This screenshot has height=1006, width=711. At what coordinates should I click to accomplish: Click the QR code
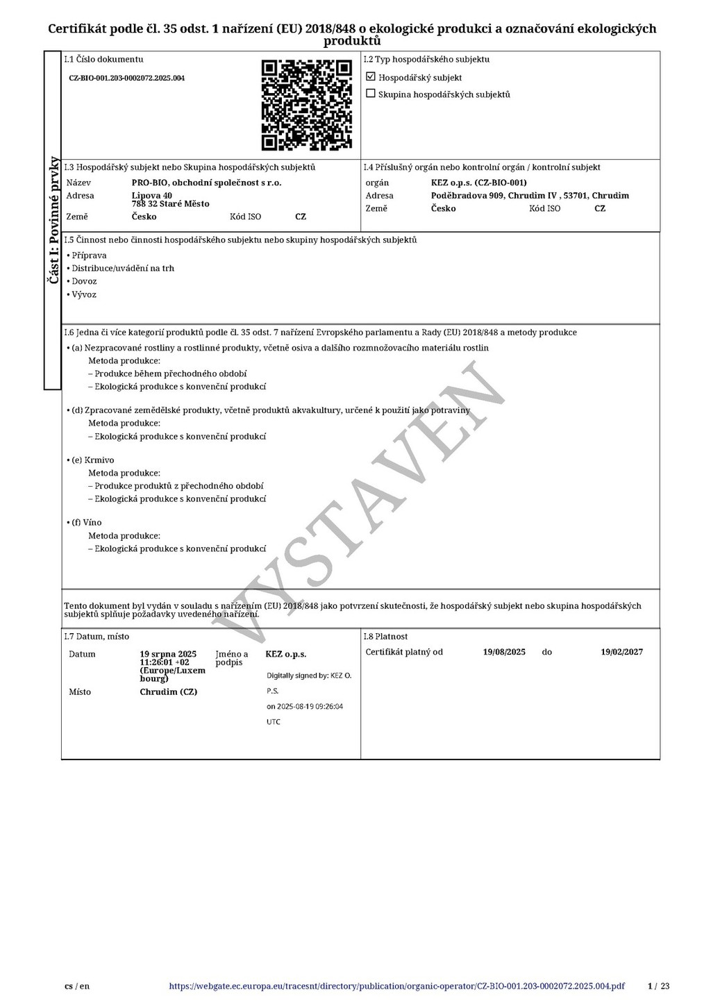click(306, 105)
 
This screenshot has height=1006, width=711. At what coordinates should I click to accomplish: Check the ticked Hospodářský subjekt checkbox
click(371, 77)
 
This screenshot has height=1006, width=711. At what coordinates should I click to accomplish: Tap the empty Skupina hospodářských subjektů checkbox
click(371, 94)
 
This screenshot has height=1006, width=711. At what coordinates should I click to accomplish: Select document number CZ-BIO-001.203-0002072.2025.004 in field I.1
click(126, 78)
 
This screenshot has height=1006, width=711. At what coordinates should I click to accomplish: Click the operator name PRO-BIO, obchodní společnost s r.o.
click(206, 183)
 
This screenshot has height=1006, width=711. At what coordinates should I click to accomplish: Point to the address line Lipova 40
click(152, 196)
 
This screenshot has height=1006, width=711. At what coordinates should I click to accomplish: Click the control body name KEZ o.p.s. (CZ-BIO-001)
click(478, 183)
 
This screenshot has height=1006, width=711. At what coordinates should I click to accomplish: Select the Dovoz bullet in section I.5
click(84, 281)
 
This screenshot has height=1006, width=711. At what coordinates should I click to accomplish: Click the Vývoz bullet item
click(84, 294)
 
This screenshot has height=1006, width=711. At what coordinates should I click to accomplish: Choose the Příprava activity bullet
click(89, 255)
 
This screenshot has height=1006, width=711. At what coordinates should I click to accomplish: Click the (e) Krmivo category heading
click(92, 460)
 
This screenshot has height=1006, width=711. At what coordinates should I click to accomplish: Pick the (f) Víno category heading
click(86, 522)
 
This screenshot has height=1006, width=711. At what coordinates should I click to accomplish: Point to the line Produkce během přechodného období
click(170, 374)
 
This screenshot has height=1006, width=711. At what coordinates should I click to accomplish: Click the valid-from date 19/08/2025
click(504, 652)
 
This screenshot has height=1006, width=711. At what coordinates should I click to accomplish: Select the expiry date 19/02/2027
click(621, 652)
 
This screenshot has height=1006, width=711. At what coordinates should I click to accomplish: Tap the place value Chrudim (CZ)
click(168, 692)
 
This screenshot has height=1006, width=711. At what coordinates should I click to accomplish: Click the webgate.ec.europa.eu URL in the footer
click(396, 986)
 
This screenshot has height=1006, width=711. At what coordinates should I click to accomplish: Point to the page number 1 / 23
click(658, 986)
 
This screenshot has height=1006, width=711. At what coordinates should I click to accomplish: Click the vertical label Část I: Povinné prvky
click(53, 220)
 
